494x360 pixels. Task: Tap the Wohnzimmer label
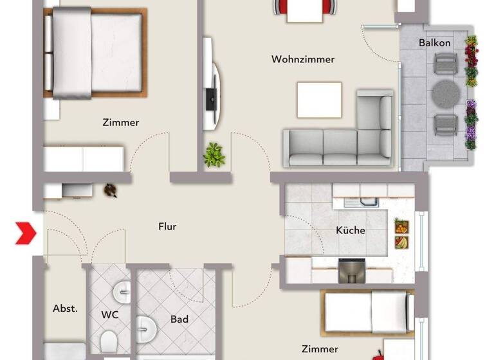[x=303, y=59]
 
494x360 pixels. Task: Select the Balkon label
[x=435, y=43]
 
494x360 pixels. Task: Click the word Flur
[x=167, y=226]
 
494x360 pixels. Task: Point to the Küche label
[x=351, y=230]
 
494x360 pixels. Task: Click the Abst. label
[x=65, y=309]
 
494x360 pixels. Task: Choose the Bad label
[x=179, y=319]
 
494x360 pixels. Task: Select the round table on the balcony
[x=444, y=94]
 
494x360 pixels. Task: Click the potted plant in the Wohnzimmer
[x=214, y=155]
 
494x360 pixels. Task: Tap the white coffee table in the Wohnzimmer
[x=319, y=100]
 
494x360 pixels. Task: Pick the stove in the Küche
[x=352, y=270]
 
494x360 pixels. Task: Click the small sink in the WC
[x=122, y=292]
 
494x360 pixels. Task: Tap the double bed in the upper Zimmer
[x=95, y=53]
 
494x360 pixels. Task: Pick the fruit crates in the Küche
[x=401, y=235]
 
